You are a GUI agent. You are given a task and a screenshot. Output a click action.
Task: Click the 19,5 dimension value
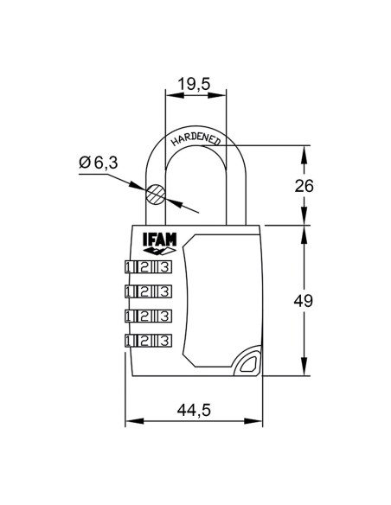point(196,84)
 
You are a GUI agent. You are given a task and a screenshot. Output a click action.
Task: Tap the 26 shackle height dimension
point(304,186)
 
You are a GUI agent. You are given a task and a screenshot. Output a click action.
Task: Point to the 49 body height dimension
point(304,300)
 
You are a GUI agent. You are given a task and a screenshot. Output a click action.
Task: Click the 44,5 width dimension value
point(194,410)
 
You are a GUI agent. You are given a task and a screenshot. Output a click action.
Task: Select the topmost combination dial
point(148,266)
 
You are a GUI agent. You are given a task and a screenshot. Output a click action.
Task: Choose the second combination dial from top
point(148,291)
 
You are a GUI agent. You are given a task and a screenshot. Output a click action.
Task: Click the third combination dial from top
point(148,315)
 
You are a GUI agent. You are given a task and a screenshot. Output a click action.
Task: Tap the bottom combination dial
point(148,339)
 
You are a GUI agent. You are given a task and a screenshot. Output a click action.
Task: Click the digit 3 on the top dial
point(162,266)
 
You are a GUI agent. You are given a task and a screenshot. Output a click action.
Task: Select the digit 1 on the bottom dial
point(131,339)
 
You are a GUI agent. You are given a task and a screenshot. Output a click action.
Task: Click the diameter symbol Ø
point(85,161)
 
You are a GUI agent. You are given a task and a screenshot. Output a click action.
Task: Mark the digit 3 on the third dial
point(162,315)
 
